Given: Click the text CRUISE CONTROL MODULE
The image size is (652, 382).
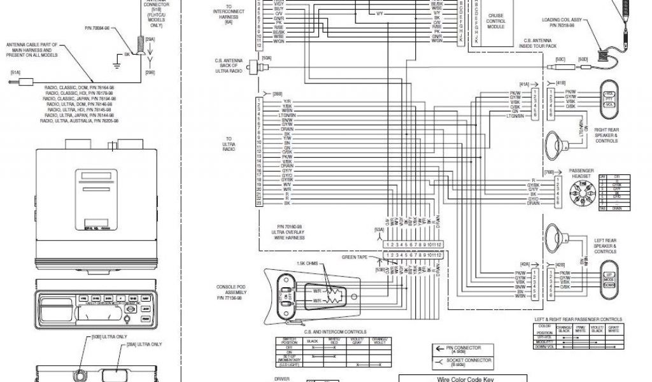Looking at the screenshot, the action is [496, 21].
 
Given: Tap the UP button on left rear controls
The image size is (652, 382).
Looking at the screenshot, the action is [608, 274].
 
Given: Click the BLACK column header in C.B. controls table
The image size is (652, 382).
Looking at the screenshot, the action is [313, 341].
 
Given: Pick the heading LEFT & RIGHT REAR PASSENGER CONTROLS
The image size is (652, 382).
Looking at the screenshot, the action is [578, 319].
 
